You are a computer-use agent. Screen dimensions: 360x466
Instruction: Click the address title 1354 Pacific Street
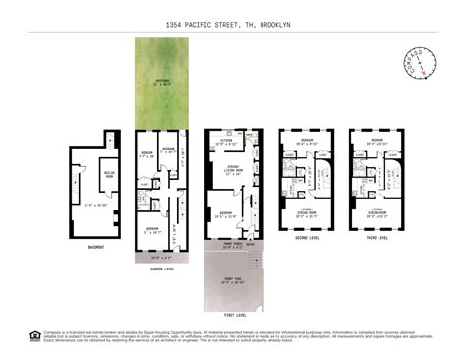[232, 22]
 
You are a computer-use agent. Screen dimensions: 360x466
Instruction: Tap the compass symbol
[421, 63]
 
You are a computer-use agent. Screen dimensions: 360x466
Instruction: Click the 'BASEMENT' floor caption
[95, 247]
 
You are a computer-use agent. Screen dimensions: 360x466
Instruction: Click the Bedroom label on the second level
[307, 142]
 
